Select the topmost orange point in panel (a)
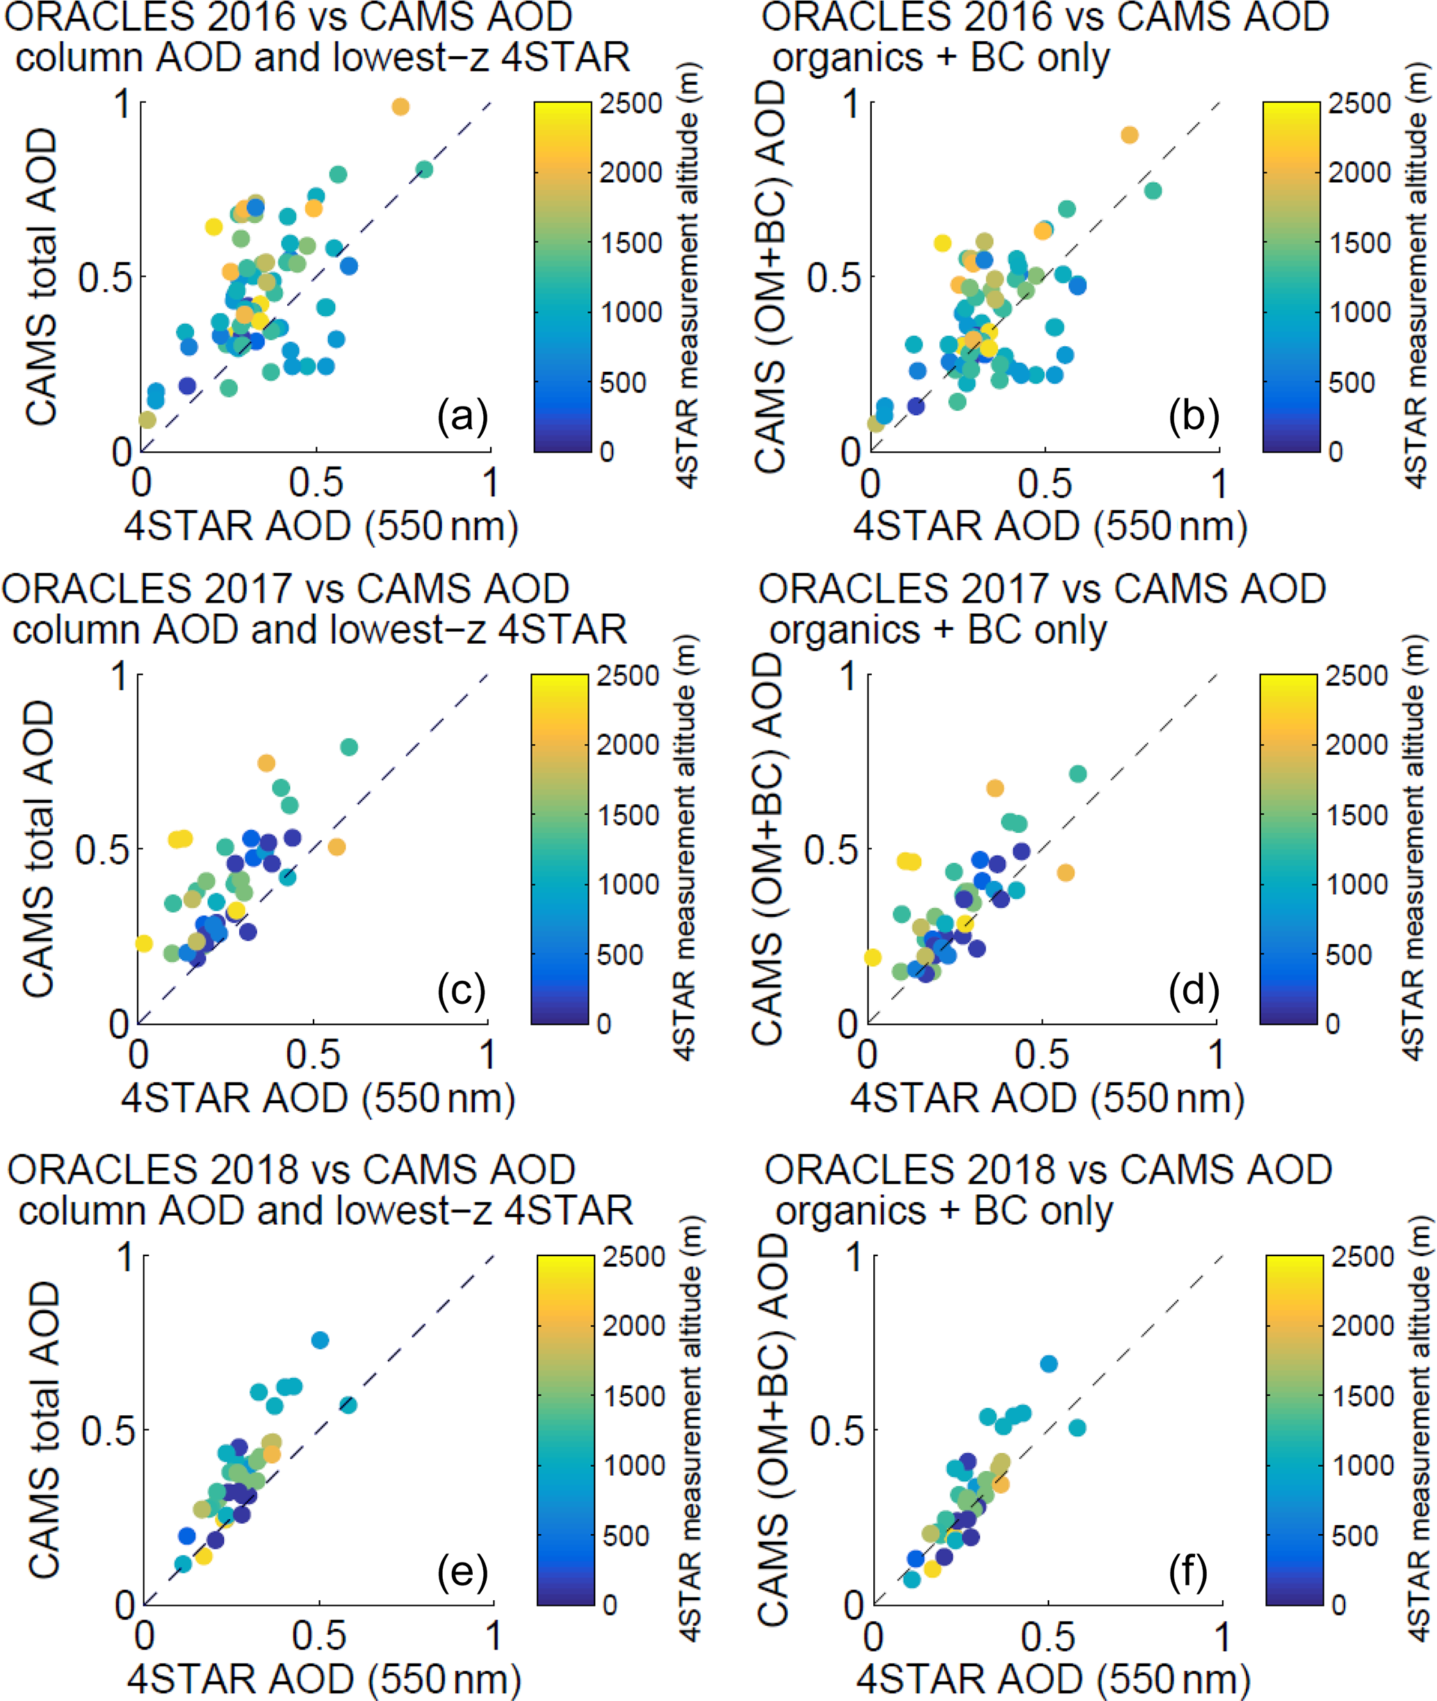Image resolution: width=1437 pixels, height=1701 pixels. [x=400, y=107]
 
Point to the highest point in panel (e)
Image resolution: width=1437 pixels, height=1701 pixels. [x=320, y=1340]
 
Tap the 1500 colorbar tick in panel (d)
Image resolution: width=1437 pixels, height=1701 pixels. [x=1356, y=815]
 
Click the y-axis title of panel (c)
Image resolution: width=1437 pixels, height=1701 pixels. [x=38, y=849]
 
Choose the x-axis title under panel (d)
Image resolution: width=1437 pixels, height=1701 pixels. [x=1047, y=1100]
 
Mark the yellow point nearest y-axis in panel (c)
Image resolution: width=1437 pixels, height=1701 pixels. [x=143, y=943]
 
